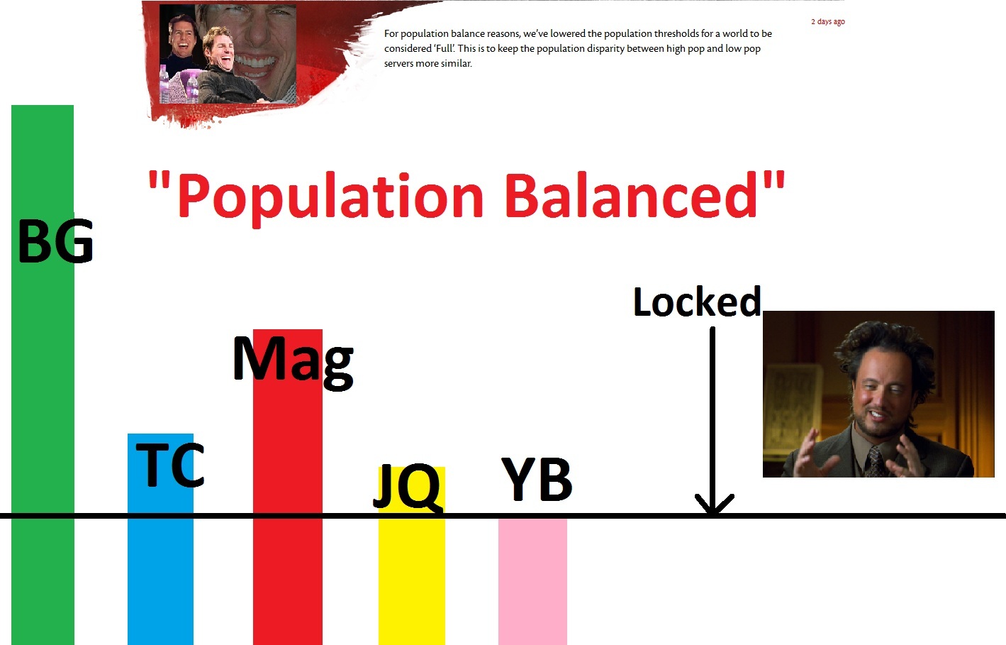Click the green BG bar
[x=43, y=375]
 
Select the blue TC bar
[x=160, y=539]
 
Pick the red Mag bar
[x=287, y=487]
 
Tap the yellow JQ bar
[x=411, y=556]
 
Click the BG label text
[x=56, y=241]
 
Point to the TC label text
[x=169, y=465]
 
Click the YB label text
[x=537, y=479]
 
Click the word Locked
[x=697, y=301]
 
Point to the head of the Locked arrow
[x=713, y=513]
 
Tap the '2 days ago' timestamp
[x=828, y=21]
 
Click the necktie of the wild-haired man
[x=876, y=462]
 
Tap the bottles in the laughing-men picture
[x=178, y=85]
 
